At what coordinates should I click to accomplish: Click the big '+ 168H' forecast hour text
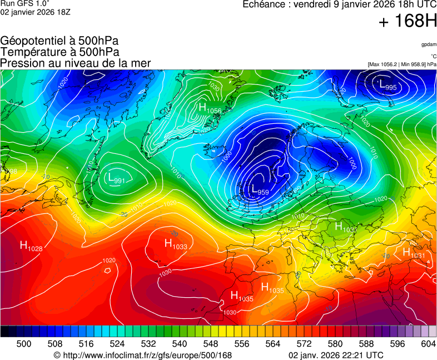click(407, 22)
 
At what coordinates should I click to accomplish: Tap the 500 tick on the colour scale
click(24, 344)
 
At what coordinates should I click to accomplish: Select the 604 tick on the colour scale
click(428, 344)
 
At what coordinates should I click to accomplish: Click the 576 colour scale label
click(319, 344)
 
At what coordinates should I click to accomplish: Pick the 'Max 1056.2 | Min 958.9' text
click(402, 64)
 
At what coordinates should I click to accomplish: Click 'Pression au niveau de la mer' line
click(76, 63)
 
